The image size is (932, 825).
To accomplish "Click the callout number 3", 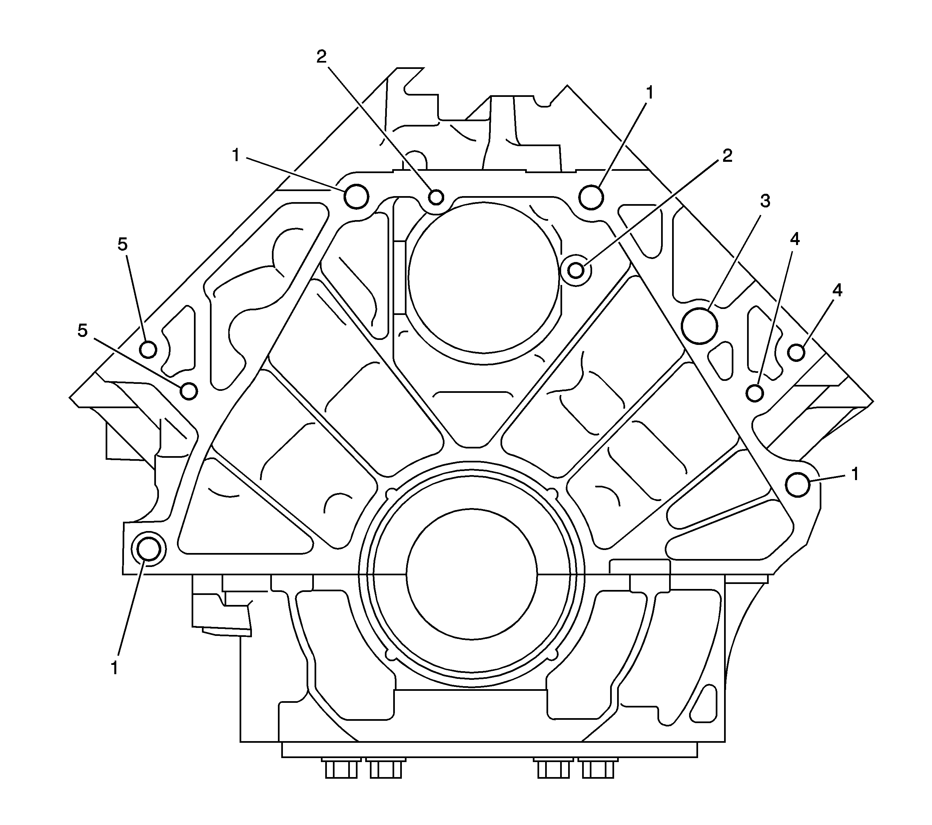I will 765,201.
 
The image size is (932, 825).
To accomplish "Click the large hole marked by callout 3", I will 699,326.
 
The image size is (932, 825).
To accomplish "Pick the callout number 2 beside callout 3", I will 727,156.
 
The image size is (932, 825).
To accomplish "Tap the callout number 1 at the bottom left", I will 114,668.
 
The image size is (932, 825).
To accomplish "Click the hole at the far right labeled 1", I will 798,485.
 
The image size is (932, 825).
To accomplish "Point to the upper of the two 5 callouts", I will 123,245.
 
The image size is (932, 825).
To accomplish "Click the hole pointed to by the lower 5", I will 189,391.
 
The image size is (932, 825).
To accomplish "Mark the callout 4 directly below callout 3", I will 795,239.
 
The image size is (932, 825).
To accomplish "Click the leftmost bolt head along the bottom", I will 341,768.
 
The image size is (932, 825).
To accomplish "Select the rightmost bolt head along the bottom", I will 598,768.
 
